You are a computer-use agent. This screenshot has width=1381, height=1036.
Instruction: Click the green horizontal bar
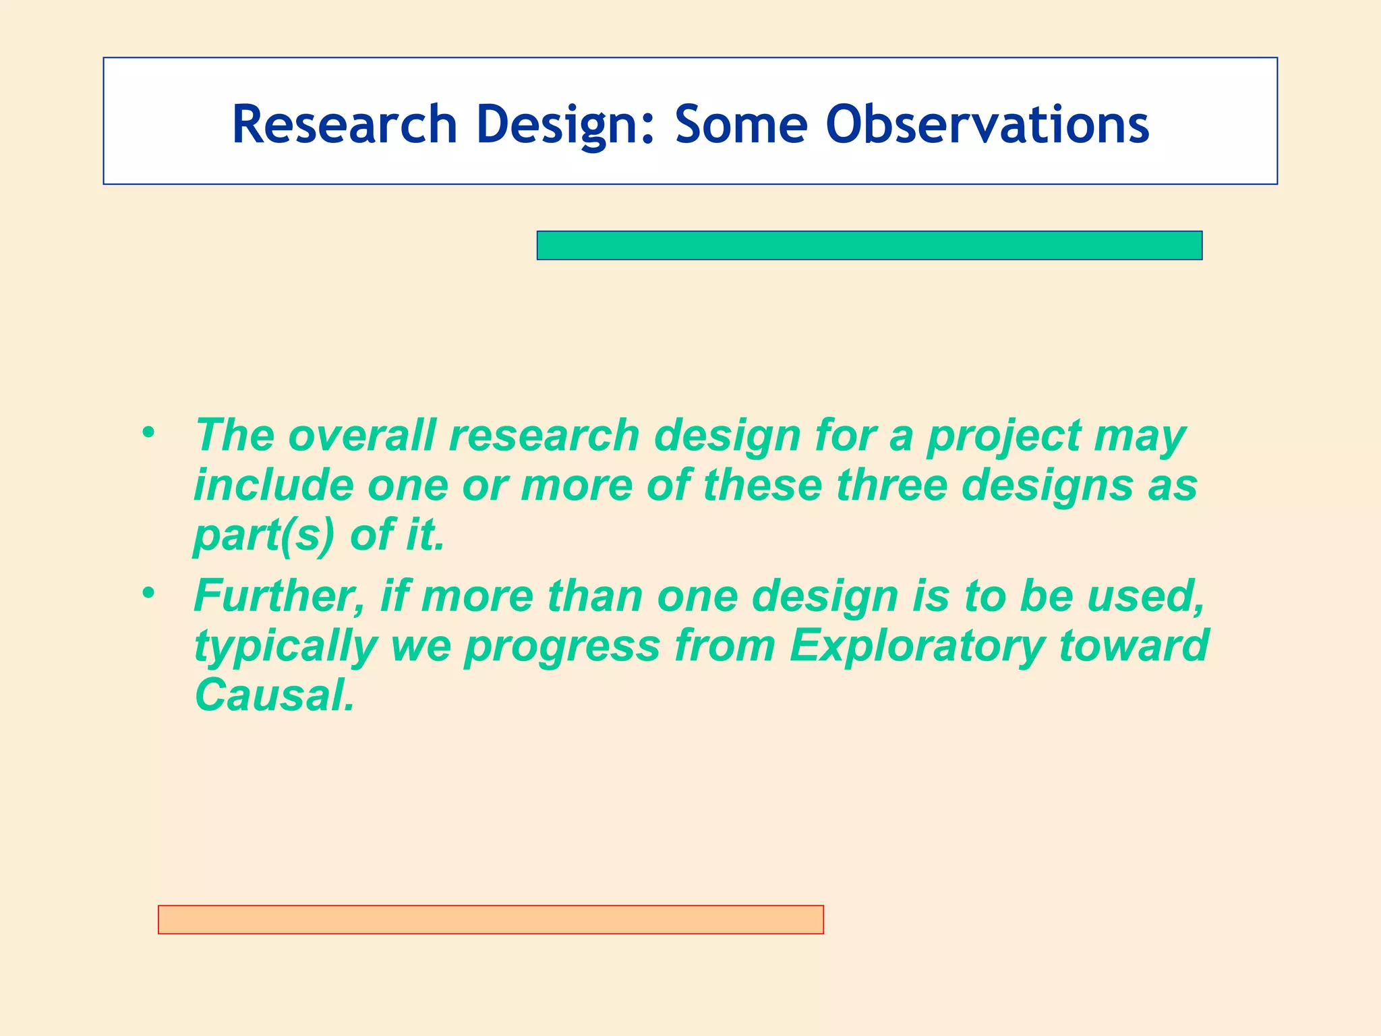coord(869,246)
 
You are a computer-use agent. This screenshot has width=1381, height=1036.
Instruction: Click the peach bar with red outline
coord(490,919)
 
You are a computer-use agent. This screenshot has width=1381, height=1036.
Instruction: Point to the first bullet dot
coord(148,432)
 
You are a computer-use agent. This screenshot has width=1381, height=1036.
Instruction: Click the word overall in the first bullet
coord(362,435)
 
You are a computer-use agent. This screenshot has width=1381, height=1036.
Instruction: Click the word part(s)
coord(264,536)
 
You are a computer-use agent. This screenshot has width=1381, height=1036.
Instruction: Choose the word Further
coord(278,596)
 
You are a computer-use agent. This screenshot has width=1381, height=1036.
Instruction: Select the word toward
coord(1134,645)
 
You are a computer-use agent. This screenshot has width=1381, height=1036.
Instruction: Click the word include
coord(273,485)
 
